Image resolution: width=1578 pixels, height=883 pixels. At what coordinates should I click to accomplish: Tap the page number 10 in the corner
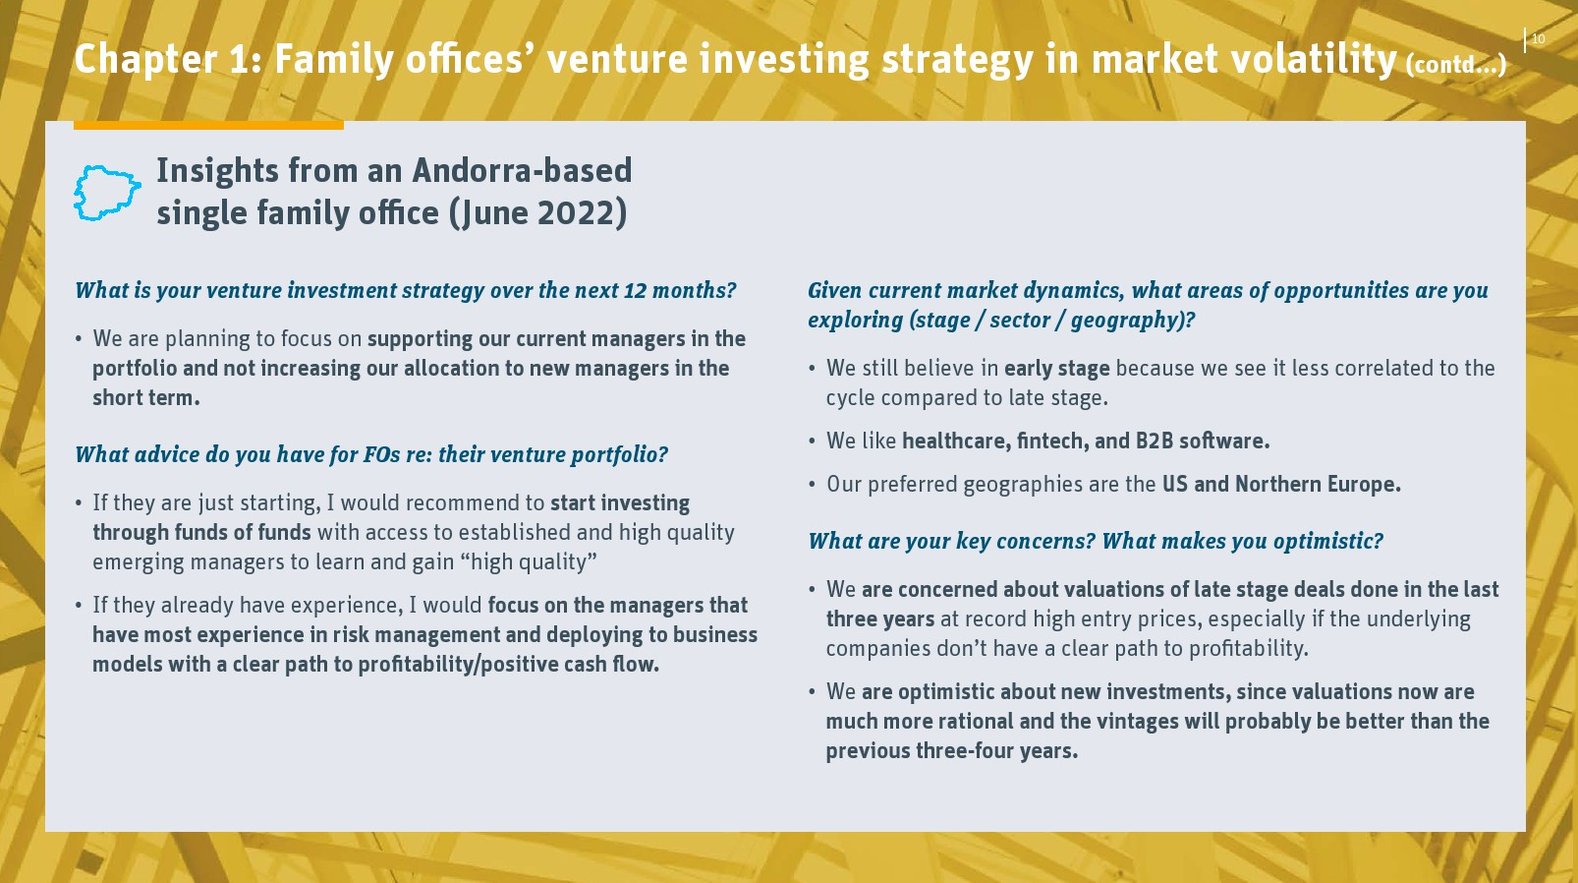[x=1539, y=39]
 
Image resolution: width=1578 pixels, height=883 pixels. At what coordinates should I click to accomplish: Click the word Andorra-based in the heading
[x=522, y=170]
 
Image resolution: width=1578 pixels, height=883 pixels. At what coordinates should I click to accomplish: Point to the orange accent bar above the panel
[x=208, y=125]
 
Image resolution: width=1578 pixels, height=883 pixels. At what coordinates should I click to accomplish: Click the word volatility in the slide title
[x=1315, y=59]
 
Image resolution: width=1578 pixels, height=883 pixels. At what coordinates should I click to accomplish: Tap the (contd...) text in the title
[x=1456, y=65]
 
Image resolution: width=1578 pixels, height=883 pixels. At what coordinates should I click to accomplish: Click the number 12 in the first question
[x=635, y=290]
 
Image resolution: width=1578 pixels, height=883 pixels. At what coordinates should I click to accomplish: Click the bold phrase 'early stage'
[x=1056, y=369]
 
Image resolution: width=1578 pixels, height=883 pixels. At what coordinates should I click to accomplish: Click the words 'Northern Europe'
[x=1318, y=485]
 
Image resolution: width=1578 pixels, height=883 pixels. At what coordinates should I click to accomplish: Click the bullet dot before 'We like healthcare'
[x=813, y=441]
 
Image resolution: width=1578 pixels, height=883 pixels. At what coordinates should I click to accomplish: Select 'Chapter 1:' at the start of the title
[x=168, y=59]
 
